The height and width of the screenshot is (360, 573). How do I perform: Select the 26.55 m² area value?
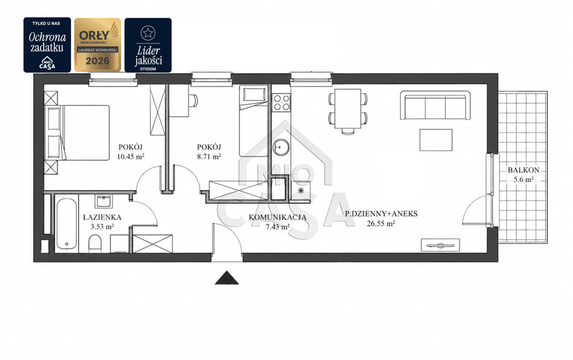pyautogui.click(x=381, y=223)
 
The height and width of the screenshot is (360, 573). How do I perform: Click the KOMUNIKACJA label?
pyautogui.click(x=277, y=218)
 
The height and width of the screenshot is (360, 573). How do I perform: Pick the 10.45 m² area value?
pyautogui.click(x=131, y=156)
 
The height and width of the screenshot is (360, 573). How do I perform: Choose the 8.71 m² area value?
pyautogui.click(x=209, y=156)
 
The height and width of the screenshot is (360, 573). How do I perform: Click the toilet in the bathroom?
pyautogui.click(x=95, y=244)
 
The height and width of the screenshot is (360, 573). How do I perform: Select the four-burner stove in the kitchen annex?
pyautogui.click(x=281, y=102)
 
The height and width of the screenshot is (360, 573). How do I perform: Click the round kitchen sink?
pyautogui.click(x=281, y=148)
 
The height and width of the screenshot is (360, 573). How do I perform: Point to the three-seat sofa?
pyautogui.click(x=435, y=105)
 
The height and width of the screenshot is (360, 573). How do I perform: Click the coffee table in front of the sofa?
pyautogui.click(x=436, y=140)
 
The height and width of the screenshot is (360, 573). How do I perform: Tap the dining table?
pyautogui.click(x=348, y=108)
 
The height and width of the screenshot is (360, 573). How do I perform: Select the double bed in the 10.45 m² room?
pyautogui.click(x=77, y=133)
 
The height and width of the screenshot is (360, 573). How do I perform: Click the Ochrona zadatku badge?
pyautogui.click(x=47, y=45)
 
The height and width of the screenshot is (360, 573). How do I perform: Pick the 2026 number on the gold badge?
pyautogui.click(x=97, y=61)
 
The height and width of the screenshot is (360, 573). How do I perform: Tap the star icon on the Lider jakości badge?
pyautogui.click(x=148, y=33)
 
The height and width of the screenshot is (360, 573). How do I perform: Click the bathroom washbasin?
pyautogui.click(x=104, y=201)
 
